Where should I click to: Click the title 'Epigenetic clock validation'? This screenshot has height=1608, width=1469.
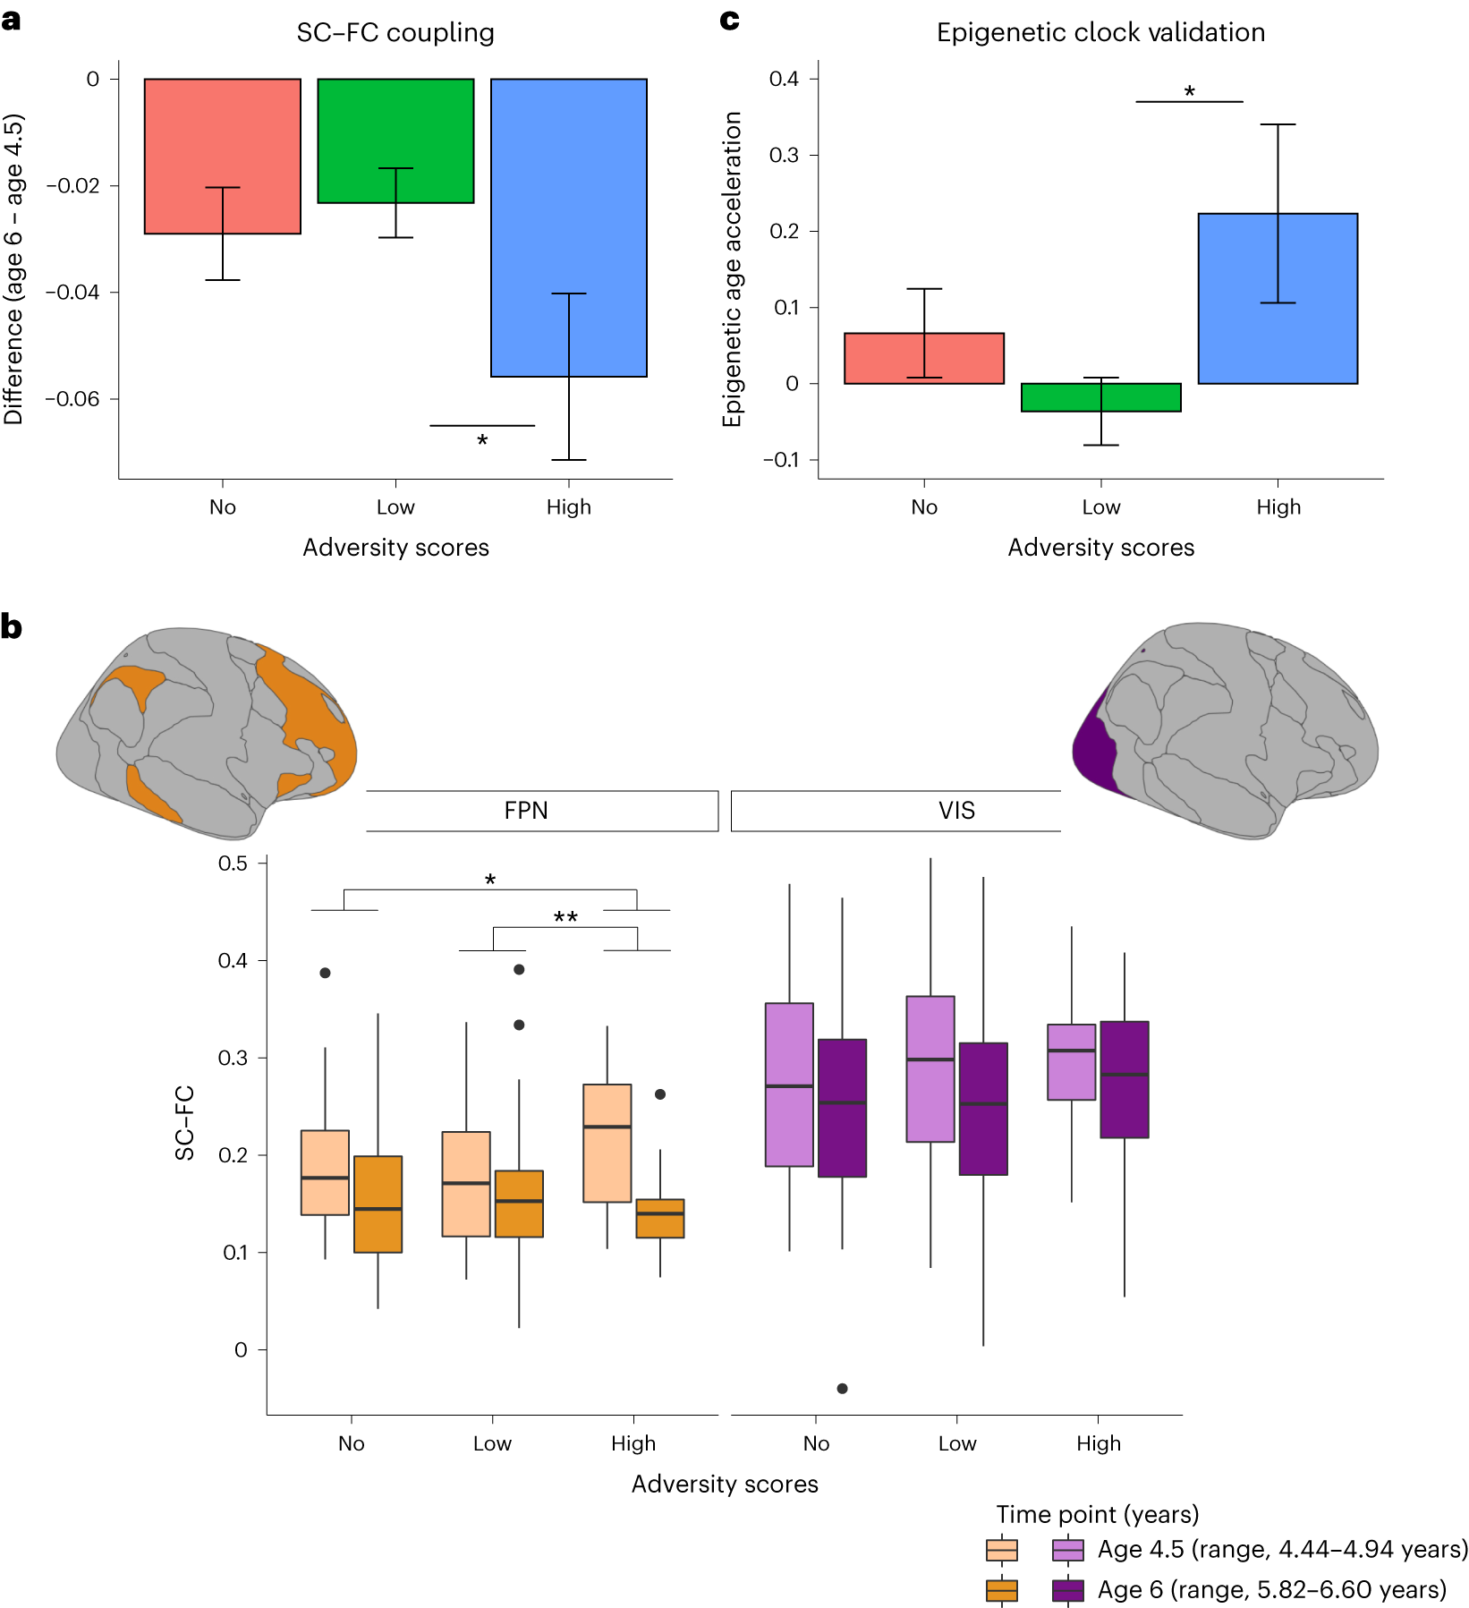pos(1100,32)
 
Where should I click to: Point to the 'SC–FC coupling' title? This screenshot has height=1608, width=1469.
pos(395,32)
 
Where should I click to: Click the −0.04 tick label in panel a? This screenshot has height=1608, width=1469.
pos(73,292)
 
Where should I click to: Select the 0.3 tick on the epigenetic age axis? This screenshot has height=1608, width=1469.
pos(784,155)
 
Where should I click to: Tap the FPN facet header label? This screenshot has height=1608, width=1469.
pos(525,811)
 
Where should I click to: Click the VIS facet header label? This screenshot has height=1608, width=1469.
pos(956,811)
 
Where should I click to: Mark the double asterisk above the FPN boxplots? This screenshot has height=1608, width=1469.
pos(565,917)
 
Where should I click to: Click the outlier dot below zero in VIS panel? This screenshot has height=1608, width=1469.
pos(842,1388)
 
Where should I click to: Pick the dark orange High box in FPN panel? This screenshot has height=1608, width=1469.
pos(659,1218)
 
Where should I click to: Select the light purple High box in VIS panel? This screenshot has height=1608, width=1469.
pos(1071,1061)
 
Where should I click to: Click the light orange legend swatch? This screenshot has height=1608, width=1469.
pos(1001,1549)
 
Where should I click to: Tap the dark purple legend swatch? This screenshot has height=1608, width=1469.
pos(1068,1589)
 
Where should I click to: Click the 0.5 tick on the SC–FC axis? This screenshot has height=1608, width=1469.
pos(233,864)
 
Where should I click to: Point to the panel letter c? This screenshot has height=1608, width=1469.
pos(729,20)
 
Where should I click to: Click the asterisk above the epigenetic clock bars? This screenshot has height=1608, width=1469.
pos(1189,91)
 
